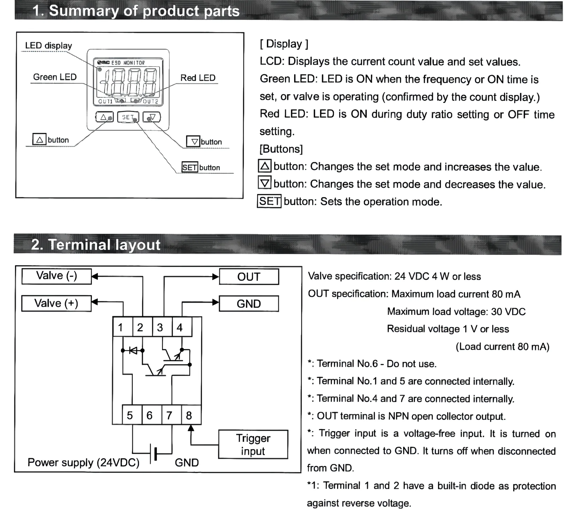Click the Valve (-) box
tap(57, 276)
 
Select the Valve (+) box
tap(56, 303)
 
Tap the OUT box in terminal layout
tap(249, 277)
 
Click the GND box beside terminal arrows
tap(249, 304)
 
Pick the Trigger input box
tap(253, 444)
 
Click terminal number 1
tap(121, 327)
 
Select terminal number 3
tap(160, 327)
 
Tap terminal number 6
tap(150, 415)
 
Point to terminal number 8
tap(189, 415)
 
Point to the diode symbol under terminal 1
tap(133, 350)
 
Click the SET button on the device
tap(128, 117)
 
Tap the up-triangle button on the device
tap(104, 117)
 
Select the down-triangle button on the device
tap(152, 117)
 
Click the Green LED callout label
tap(55, 77)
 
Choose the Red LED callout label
tap(198, 78)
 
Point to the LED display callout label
tap(49, 46)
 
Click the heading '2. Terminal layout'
tap(96, 245)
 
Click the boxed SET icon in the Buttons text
tap(269, 201)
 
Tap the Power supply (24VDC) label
tap(83, 462)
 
